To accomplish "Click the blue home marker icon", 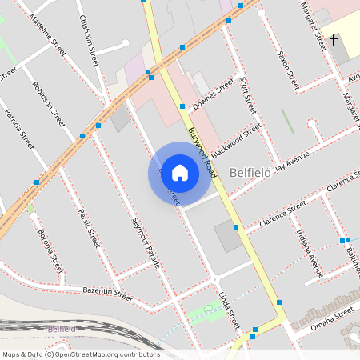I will point(180,173).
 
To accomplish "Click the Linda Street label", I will point(229,310).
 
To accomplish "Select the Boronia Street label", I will point(50,250).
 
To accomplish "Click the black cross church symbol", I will point(333,39).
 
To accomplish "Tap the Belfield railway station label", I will point(61,329).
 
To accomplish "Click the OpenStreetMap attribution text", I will point(81,354).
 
